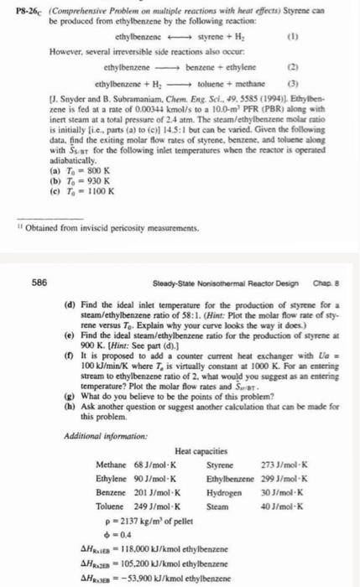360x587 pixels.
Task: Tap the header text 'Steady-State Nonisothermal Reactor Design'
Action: point(201,285)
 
